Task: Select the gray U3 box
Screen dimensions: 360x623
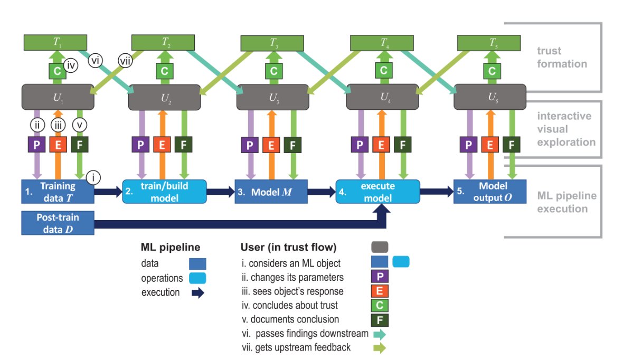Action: [x=273, y=97]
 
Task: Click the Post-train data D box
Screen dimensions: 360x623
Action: [x=58, y=222]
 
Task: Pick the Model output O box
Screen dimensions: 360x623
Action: [x=490, y=191]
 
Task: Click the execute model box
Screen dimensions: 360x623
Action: [x=378, y=191]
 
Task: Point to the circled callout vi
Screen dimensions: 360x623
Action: [x=96, y=59]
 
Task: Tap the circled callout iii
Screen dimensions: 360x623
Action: [x=58, y=126]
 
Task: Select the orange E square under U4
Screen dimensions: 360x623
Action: [x=381, y=145]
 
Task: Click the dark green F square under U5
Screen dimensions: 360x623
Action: [x=511, y=144]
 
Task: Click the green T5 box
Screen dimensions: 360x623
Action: [x=492, y=42]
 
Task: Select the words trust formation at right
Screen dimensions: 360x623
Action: [x=562, y=58]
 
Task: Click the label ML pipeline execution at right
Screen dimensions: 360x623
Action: [x=566, y=202]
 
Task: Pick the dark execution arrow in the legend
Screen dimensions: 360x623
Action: [x=197, y=293]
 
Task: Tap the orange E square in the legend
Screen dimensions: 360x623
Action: [x=380, y=291]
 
